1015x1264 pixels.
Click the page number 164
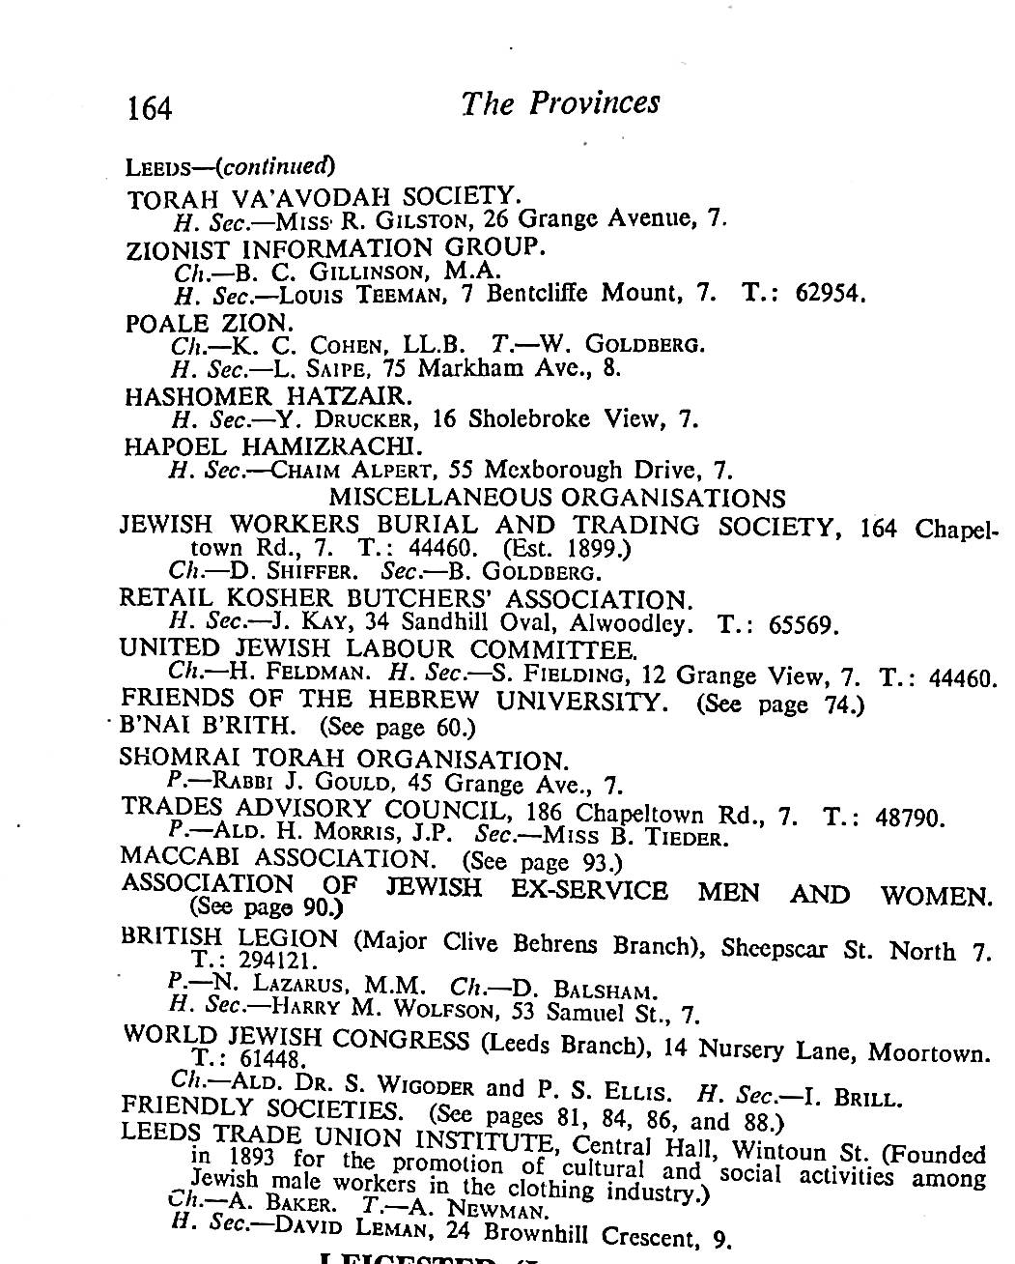[x=149, y=106]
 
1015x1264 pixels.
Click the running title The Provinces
[x=560, y=102]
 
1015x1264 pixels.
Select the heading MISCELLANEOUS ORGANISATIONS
[x=557, y=498]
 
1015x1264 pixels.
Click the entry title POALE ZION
[x=209, y=323]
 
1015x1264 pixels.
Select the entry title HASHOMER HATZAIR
[x=268, y=396]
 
